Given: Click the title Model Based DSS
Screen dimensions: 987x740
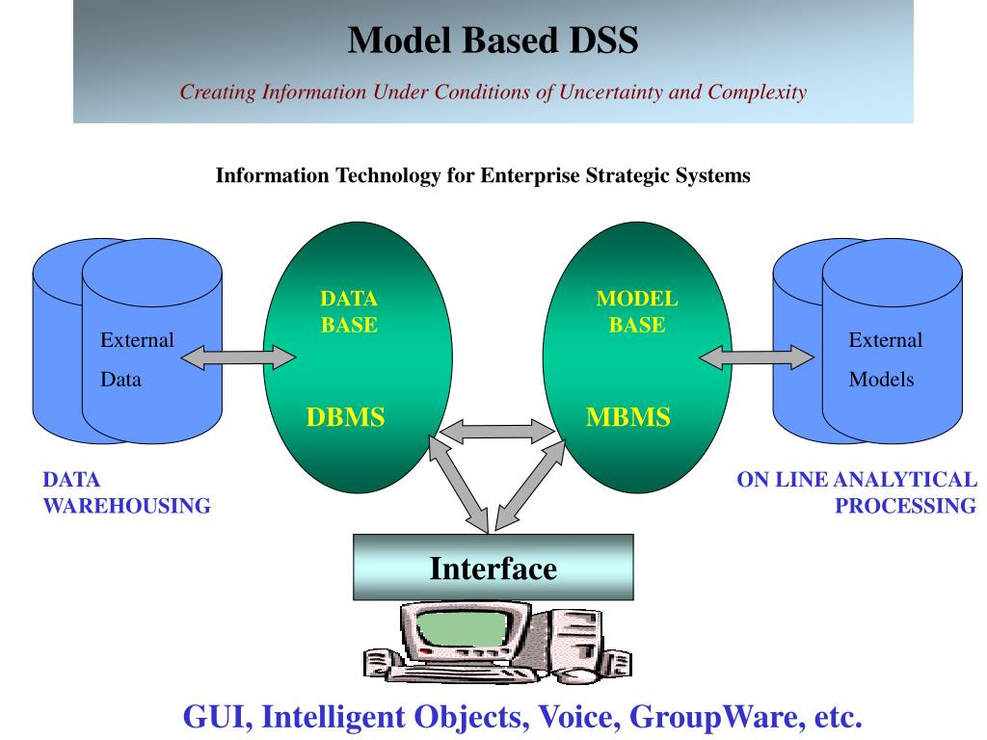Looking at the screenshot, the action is (x=493, y=40).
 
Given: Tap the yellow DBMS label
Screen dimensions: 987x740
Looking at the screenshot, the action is (x=346, y=417).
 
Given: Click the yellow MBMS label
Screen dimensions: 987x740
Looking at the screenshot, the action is (x=628, y=417).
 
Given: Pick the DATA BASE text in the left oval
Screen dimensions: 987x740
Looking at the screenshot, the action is (x=349, y=311).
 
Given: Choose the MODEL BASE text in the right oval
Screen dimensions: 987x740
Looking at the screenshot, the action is (x=637, y=311).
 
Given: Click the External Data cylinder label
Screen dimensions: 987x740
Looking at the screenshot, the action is (x=137, y=359).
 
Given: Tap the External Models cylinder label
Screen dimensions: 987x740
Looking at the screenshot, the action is (x=885, y=359).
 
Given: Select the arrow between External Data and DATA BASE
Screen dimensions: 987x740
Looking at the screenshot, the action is (x=238, y=357).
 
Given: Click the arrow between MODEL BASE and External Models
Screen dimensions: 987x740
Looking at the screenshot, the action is (x=757, y=357).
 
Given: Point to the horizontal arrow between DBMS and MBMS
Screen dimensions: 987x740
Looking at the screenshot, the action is (x=497, y=432).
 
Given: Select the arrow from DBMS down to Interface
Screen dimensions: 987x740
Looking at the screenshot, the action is (x=459, y=484).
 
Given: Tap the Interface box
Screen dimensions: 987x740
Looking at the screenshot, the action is (x=493, y=567).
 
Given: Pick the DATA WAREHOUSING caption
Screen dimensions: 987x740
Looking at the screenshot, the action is (x=126, y=492).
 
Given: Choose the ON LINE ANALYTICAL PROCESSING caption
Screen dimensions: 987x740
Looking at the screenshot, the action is (x=857, y=492).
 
